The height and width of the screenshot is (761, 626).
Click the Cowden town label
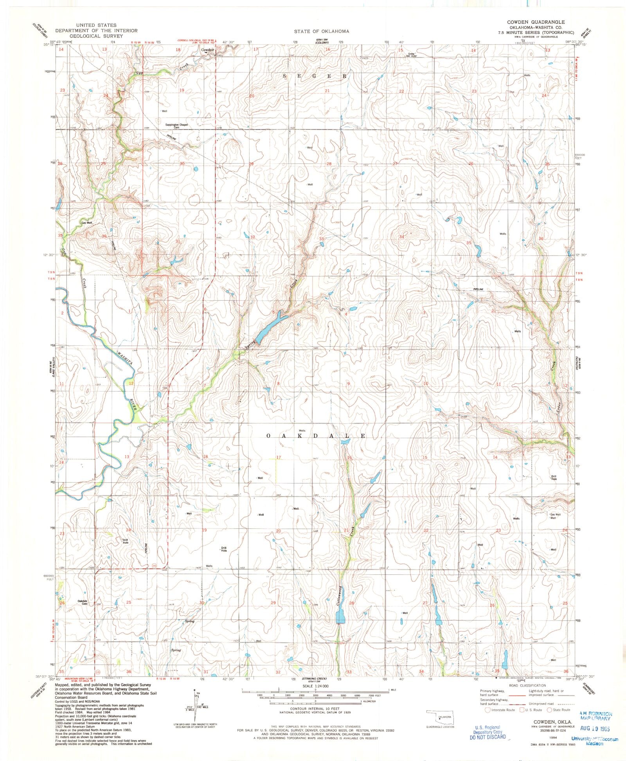point(207,50)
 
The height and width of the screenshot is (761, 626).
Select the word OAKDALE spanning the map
point(316,436)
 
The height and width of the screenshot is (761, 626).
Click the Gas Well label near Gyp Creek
point(86,223)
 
